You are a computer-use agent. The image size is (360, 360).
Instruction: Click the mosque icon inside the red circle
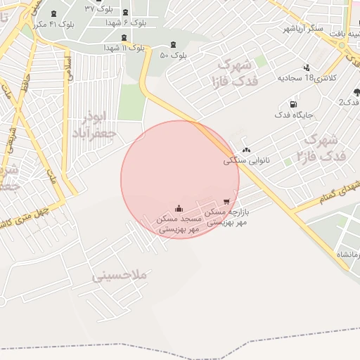(179, 208)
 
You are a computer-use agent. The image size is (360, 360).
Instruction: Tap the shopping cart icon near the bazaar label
(226, 202)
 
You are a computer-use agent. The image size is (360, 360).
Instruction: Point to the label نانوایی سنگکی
(246, 160)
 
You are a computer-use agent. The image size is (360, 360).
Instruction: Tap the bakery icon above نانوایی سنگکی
(246, 150)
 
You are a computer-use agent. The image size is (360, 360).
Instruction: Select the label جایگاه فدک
(293, 115)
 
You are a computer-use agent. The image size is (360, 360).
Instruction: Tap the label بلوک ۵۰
(173, 55)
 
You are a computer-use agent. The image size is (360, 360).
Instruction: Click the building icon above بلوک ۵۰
(173, 44)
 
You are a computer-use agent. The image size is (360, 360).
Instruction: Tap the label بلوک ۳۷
(98, 8)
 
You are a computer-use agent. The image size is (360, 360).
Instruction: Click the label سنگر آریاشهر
(303, 28)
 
